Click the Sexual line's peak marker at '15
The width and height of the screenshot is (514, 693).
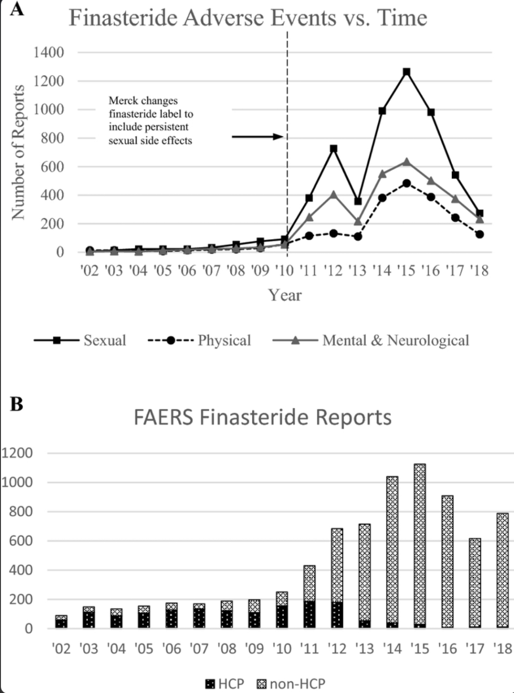(407, 72)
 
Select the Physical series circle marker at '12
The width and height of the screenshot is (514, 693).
(333, 233)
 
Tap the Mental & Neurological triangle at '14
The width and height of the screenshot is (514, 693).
(383, 174)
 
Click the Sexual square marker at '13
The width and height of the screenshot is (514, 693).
(358, 201)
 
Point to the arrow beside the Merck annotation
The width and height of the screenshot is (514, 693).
(258, 137)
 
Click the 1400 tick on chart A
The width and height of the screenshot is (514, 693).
(49, 52)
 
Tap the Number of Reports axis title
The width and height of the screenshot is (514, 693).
(18, 153)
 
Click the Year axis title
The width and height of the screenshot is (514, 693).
(285, 295)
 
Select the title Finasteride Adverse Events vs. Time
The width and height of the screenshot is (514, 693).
(248, 18)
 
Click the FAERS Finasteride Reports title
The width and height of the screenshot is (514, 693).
(262, 417)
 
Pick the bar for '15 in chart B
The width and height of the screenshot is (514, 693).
(420, 546)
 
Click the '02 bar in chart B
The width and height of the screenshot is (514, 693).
(61, 622)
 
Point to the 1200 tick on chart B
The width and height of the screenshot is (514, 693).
(17, 453)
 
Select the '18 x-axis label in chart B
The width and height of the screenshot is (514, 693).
(502, 649)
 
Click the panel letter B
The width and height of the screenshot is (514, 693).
(16, 404)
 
